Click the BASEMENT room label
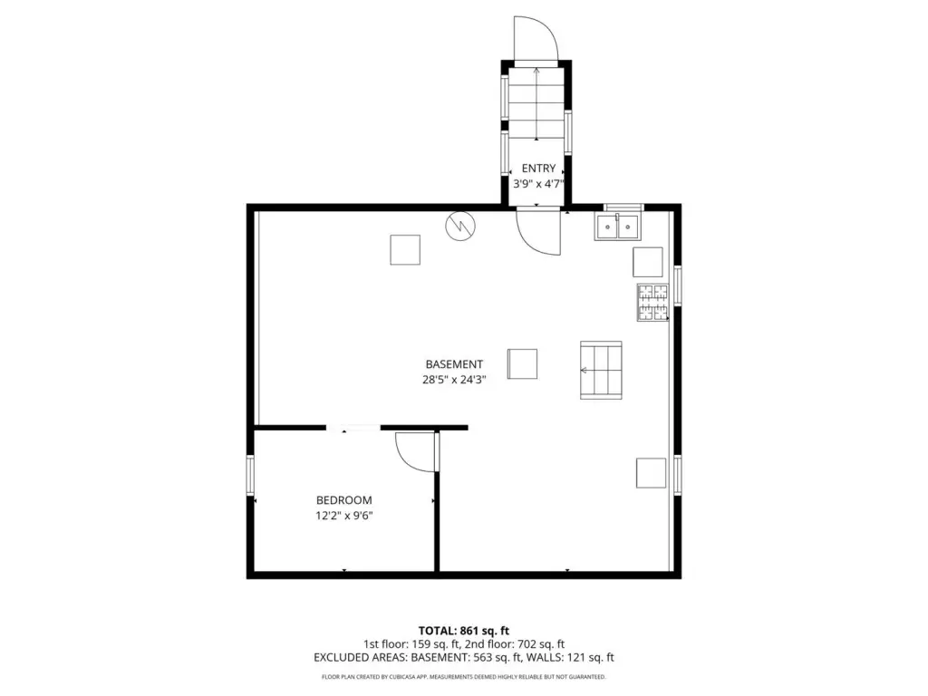[x=454, y=364]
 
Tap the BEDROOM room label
[x=343, y=500]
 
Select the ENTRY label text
[x=538, y=168]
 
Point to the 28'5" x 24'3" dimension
[x=454, y=380]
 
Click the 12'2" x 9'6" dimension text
[x=343, y=516]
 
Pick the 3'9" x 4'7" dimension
[x=538, y=183]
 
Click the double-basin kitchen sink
[x=617, y=227]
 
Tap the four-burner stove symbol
[x=652, y=303]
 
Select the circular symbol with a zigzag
[x=459, y=226]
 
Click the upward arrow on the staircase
[x=536, y=104]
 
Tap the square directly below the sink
[x=647, y=262]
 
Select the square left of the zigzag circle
[x=405, y=250]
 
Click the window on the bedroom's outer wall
[x=250, y=475]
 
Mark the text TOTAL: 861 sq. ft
[x=464, y=631]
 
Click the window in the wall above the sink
[x=623, y=208]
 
